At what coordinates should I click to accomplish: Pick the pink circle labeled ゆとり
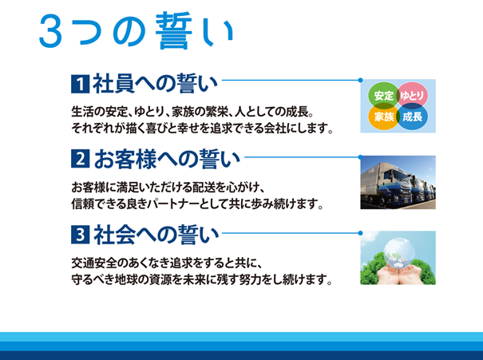pyautogui.click(x=412, y=96)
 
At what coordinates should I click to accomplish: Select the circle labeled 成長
pyautogui.click(x=412, y=117)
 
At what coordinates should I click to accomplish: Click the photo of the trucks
pyautogui.click(x=398, y=182)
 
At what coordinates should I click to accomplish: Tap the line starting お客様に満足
pyautogui.click(x=172, y=188)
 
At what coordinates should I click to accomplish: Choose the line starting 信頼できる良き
pyautogui.click(x=196, y=204)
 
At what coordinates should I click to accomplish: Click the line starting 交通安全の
pyautogui.click(x=172, y=264)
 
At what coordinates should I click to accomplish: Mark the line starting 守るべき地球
pyautogui.click(x=200, y=280)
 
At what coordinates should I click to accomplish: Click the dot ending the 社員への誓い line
pyautogui.click(x=362, y=81)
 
